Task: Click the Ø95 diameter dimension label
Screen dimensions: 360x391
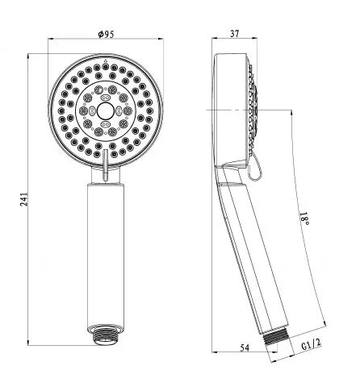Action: tap(106, 34)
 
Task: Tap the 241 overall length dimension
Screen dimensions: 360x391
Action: tap(24, 199)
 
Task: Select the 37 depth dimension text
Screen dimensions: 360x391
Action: tap(234, 34)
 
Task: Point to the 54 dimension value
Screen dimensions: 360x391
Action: tap(245, 347)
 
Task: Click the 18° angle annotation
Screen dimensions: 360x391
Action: tap(304, 219)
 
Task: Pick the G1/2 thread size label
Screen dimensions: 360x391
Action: tap(311, 344)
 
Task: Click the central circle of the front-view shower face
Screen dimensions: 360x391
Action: tap(105, 111)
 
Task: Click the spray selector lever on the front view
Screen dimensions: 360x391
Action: tap(105, 164)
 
